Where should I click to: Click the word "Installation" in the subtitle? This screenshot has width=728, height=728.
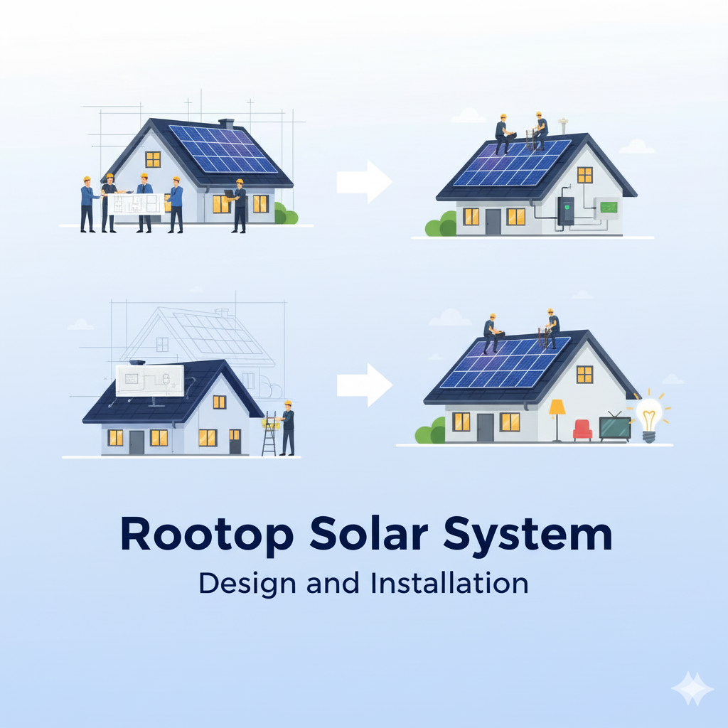pos(449,583)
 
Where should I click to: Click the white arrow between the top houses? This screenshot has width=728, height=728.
pos(363,182)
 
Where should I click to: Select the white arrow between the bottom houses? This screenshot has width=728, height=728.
pos(363,385)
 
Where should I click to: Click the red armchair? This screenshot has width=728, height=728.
pos(582,429)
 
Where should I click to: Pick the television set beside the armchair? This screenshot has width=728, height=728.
pos(614,428)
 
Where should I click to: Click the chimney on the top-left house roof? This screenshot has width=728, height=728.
pos(227,124)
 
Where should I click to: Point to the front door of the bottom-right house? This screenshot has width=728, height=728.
pos(485,427)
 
